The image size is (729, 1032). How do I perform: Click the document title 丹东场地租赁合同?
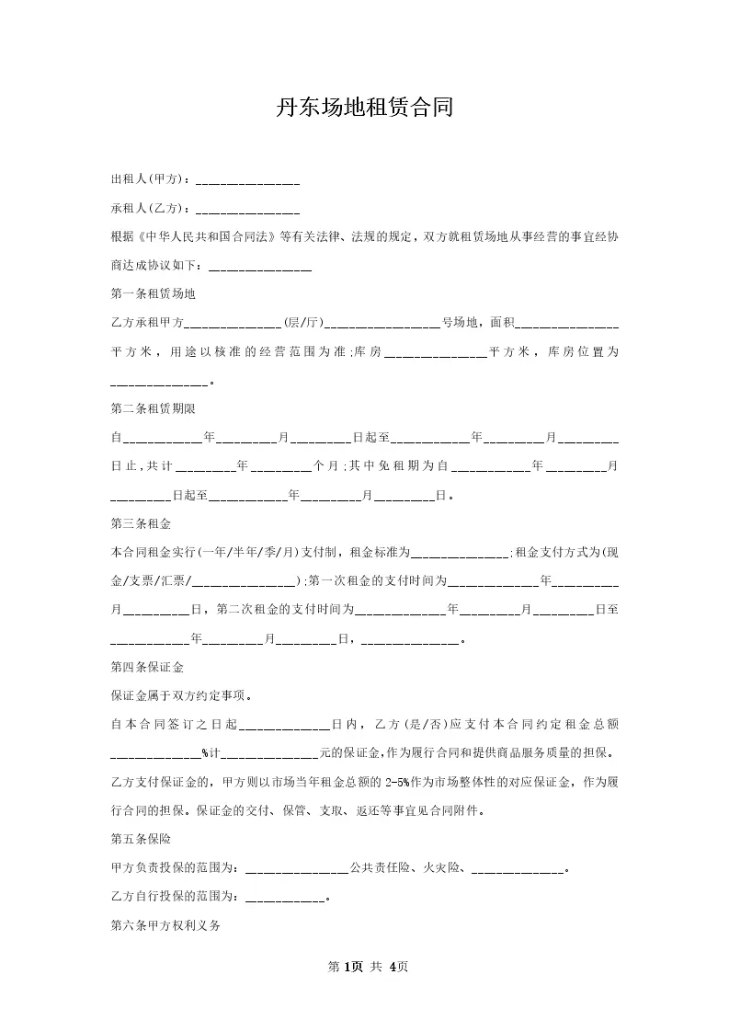pyautogui.click(x=364, y=109)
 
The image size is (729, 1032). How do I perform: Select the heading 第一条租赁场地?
pyautogui.click(x=153, y=294)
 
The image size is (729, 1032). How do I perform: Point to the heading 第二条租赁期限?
pyautogui.click(x=153, y=408)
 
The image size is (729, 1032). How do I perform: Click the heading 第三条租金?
pyautogui.click(x=141, y=524)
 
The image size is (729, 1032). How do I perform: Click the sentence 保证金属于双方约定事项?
pyautogui.click(x=181, y=695)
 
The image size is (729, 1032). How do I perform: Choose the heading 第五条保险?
pyautogui.click(x=141, y=839)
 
